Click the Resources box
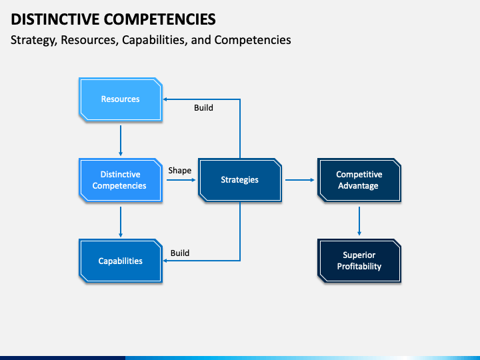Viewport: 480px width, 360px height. click(121, 99)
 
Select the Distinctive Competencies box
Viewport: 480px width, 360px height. click(121, 180)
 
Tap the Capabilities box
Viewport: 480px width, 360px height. click(121, 261)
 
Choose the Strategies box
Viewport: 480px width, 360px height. click(240, 180)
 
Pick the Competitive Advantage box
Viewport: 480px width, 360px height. click(359, 180)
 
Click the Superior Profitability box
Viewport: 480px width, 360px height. click(359, 261)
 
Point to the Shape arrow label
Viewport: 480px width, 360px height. click(180, 171)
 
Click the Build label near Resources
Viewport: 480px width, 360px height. click(203, 108)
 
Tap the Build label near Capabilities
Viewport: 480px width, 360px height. click(180, 253)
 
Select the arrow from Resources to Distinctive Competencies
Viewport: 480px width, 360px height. click(121, 141)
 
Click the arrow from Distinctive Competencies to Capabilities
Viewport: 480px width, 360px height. click(121, 222)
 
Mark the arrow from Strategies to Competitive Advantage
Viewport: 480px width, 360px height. click(300, 180)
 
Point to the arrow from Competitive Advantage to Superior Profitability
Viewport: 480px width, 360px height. click(359, 221)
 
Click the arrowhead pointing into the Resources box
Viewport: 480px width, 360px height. click(165, 99)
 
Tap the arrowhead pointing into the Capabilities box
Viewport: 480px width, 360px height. click(165, 261)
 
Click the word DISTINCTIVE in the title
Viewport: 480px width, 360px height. click(55, 19)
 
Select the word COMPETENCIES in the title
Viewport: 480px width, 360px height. click(160, 19)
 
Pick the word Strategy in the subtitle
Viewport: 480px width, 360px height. click(34, 40)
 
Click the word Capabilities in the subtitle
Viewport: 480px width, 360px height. click(155, 40)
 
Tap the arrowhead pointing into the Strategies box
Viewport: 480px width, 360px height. click(193, 180)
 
